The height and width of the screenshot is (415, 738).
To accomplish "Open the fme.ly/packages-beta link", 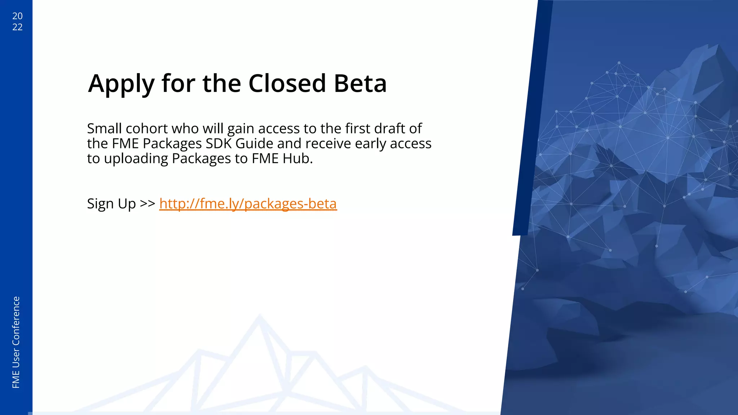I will (x=248, y=204).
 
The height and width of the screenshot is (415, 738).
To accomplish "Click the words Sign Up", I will (x=111, y=204).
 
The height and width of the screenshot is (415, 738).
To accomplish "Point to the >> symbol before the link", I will (x=147, y=203).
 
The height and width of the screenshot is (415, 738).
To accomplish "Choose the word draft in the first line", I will (x=390, y=129).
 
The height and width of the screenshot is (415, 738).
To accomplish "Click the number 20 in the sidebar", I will (x=17, y=16).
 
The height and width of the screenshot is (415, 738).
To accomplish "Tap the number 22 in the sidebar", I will (x=17, y=27).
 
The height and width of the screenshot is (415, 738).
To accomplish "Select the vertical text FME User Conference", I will (x=16, y=342).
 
